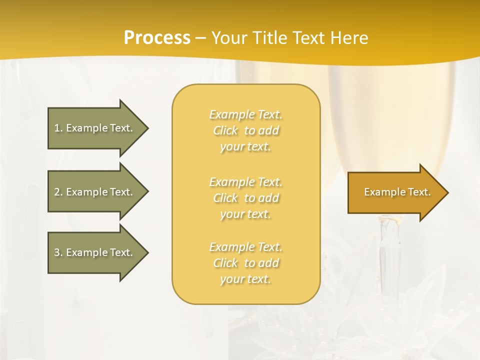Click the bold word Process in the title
[x=157, y=38]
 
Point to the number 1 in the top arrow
[x=57, y=128]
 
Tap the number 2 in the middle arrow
[x=57, y=192]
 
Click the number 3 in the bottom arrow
[x=57, y=252]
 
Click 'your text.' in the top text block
[x=245, y=147]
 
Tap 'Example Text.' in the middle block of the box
[x=245, y=182]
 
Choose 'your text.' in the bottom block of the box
[x=245, y=279]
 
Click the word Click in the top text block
[x=225, y=131]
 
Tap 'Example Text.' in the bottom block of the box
[x=245, y=247]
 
